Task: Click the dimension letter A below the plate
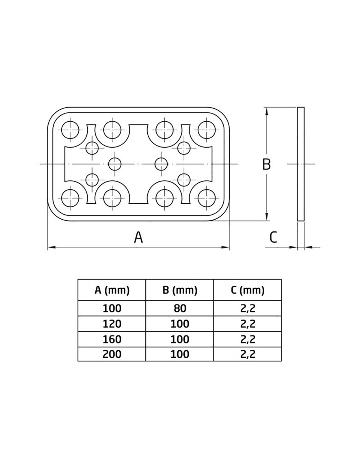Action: tap(139, 237)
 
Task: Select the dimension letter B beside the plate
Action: tap(266, 164)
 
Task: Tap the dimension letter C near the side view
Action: tap(273, 237)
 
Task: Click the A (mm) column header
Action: tap(112, 290)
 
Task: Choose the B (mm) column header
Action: tap(180, 290)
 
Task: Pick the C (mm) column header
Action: tap(247, 290)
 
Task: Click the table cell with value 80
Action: tap(180, 308)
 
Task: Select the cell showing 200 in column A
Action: tap(112, 354)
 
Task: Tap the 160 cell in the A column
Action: tap(112, 339)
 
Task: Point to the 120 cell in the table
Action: tap(112, 324)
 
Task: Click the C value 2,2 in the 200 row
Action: tap(247, 354)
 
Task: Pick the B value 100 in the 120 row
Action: tap(180, 324)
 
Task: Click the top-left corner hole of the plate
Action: tap(70, 130)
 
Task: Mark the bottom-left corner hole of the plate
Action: tap(70, 198)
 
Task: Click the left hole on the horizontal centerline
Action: tap(115, 164)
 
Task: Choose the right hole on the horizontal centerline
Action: tap(161, 164)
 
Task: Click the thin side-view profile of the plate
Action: tap(301, 164)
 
